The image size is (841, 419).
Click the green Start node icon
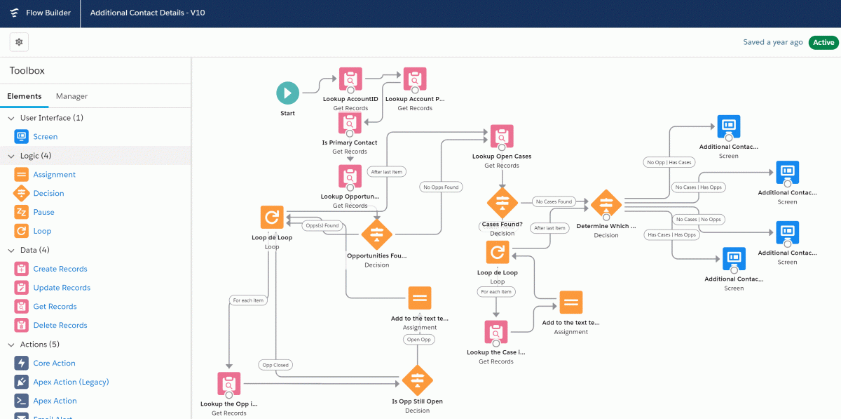[287, 93]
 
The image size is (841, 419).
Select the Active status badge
[823, 42]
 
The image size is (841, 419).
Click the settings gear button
[19, 42]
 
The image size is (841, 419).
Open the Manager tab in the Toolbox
[71, 96]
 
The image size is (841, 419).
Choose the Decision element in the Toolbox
[48, 193]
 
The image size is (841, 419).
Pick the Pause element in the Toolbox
[43, 212]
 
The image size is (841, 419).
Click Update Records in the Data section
[62, 288]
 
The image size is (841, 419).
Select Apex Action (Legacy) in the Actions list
[71, 382]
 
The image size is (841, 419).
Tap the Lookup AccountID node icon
[350, 79]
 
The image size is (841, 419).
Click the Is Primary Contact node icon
[350, 122]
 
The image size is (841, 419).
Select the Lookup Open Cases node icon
[502, 136]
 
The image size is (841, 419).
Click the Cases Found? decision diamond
[502, 203]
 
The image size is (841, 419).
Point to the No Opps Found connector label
[441, 187]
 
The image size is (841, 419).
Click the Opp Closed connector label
[275, 365]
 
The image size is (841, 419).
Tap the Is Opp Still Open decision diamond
[417, 380]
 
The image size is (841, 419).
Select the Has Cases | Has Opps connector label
[671, 234]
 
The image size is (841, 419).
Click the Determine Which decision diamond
[606, 205]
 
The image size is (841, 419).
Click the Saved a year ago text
[772, 42]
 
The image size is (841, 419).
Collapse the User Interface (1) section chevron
[11, 118]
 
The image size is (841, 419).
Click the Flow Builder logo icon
[14, 13]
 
